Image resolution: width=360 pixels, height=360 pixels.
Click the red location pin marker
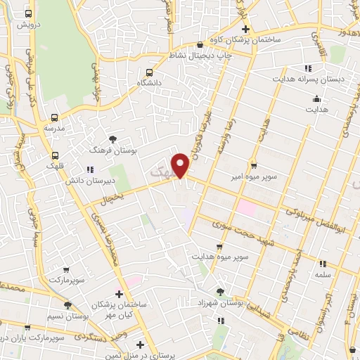(181, 165)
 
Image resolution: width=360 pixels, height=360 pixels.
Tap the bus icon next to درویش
(27, 14)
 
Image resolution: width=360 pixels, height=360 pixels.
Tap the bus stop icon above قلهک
(56, 156)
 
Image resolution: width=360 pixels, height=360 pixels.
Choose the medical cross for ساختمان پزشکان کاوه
(245, 29)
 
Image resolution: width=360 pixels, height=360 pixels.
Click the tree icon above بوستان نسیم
(67, 304)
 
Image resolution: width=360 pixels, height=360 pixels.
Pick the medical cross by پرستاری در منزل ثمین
(141, 345)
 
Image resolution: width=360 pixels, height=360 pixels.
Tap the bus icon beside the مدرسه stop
(54, 118)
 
